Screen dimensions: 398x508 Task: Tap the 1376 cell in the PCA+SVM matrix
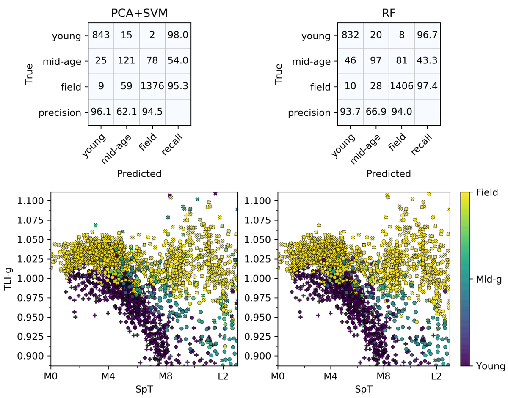click(152, 87)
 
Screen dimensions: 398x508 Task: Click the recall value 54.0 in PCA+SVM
click(178, 61)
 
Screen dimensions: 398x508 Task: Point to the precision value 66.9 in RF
click(376, 113)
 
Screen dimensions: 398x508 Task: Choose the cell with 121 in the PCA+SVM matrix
click(126, 61)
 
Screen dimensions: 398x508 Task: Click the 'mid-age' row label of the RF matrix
click(312, 62)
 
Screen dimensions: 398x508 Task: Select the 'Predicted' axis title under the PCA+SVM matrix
click(139, 173)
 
